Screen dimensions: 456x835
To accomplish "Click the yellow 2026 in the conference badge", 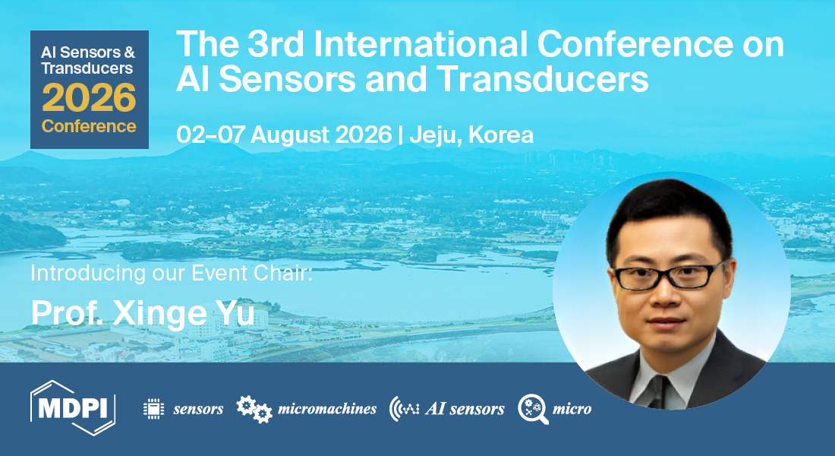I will click(90, 98).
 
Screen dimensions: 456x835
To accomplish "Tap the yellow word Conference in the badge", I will click(90, 125).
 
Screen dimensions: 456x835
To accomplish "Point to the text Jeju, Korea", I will click(471, 135).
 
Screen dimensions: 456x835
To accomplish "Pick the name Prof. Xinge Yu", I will click(143, 312).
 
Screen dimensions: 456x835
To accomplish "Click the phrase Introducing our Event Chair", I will click(172, 273).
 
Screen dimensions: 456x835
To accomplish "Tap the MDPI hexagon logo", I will click(73, 409).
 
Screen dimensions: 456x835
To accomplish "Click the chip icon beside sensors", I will click(154, 409).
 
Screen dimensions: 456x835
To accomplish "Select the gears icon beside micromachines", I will click(254, 409).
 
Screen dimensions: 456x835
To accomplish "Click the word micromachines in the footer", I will click(327, 409).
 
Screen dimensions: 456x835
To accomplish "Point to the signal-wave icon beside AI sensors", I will click(404, 409).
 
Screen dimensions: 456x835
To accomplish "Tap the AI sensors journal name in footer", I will click(465, 409).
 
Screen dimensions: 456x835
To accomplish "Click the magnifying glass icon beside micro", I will click(532, 409).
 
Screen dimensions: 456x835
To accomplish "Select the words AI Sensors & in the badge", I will click(88, 52).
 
